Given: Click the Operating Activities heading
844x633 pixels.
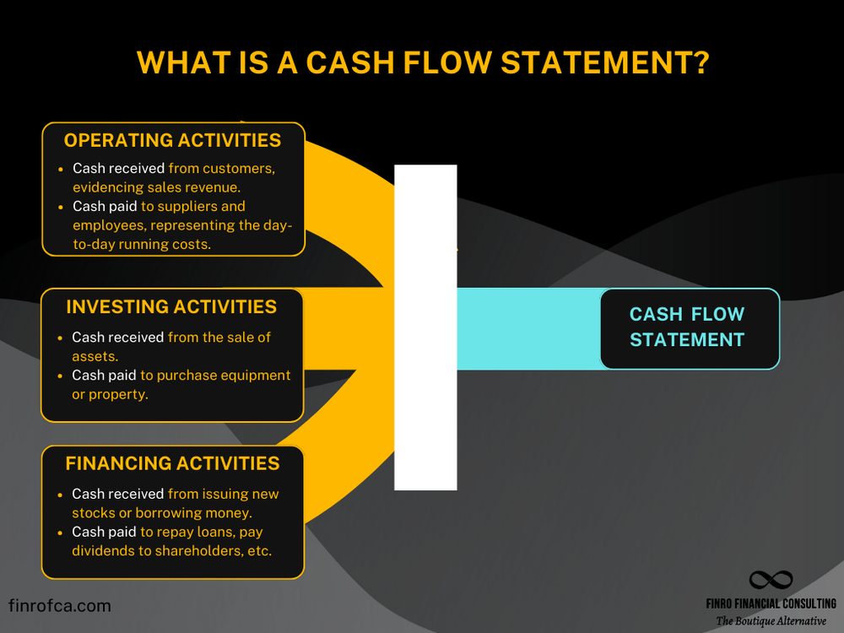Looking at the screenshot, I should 172,140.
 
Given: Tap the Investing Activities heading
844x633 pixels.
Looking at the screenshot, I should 171,306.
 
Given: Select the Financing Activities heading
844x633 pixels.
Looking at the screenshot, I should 172,463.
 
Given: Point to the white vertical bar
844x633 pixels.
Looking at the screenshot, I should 425,327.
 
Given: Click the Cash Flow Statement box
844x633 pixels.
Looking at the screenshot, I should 689,327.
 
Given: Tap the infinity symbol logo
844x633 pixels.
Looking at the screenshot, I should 771,582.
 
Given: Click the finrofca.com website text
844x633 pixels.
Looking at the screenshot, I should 59,606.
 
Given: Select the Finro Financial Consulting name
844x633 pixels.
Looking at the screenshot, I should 771,603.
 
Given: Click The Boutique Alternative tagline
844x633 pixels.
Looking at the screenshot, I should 771,621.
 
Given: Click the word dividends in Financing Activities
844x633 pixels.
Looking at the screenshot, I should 103,551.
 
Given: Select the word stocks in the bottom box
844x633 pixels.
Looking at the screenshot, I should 94,512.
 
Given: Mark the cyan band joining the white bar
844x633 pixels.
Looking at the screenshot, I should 527,327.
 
